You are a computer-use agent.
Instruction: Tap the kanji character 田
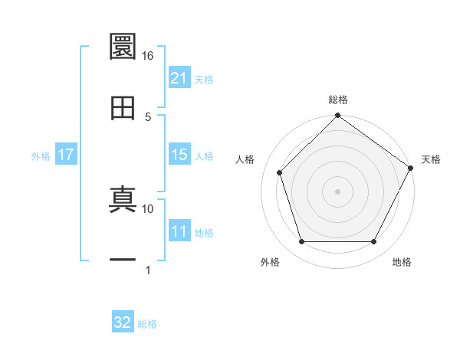point(123,108)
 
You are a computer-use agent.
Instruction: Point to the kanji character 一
point(123,261)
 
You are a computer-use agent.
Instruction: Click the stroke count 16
point(147,56)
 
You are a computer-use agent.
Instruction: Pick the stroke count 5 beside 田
point(148,116)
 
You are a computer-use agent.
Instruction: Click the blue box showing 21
point(179,78)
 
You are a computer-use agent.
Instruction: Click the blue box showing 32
point(122,322)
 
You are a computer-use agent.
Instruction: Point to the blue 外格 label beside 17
point(41,156)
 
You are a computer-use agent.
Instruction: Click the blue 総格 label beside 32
point(147,324)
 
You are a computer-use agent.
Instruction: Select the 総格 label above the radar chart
point(338,100)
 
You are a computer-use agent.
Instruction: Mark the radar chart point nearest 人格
point(280,172)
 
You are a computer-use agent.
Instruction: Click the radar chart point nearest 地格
point(374,242)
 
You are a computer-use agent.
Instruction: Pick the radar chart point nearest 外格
point(301,242)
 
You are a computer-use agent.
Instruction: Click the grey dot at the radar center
point(337,191)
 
